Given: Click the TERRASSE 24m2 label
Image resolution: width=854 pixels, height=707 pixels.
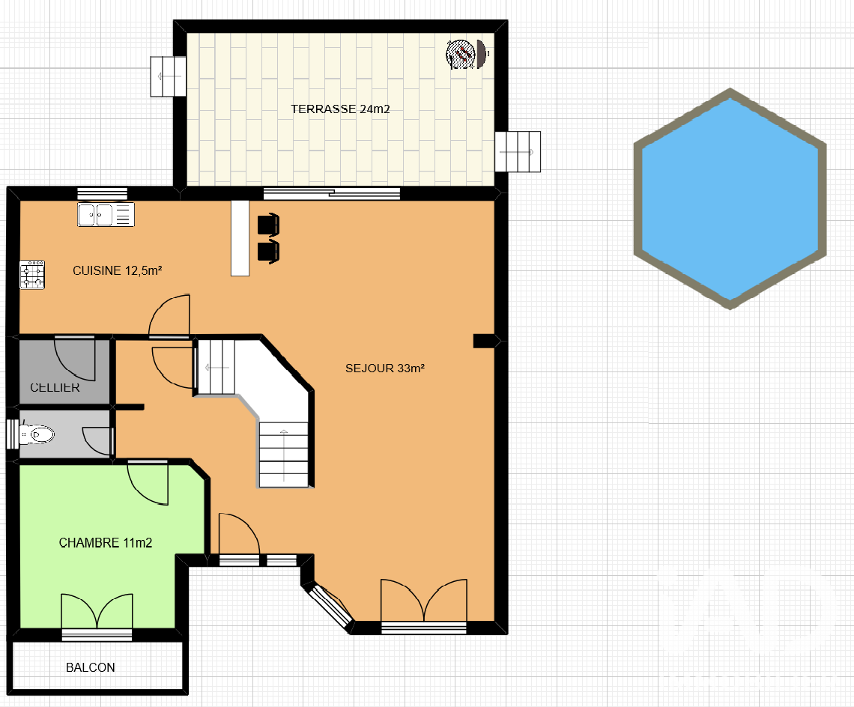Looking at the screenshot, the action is click(340, 109).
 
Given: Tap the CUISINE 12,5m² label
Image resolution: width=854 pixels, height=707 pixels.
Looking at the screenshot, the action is click(118, 270).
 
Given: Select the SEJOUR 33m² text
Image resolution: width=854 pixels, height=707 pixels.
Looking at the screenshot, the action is click(385, 368).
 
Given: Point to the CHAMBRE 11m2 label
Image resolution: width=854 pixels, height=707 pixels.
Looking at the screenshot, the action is click(106, 543).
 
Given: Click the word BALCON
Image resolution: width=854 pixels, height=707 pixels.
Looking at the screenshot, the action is click(91, 668).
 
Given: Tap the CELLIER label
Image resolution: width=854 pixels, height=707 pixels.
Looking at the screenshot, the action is click(55, 388).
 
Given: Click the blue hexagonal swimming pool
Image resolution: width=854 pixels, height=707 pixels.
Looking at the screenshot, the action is click(730, 198).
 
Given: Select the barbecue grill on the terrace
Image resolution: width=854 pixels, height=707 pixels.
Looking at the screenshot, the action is click(466, 54).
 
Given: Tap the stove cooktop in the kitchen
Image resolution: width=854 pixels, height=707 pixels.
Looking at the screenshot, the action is click(32, 275).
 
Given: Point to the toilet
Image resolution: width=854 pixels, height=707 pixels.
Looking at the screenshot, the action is click(37, 434).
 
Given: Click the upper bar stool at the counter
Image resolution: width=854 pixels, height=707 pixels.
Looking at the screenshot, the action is click(268, 225).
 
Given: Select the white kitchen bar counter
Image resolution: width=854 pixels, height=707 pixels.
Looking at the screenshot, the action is click(240, 238).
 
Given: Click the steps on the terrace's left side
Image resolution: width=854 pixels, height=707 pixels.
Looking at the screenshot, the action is click(169, 77).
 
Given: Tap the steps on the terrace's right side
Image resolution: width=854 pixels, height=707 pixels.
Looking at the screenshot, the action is click(518, 152).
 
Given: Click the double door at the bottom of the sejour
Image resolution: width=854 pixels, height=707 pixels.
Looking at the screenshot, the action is click(424, 604).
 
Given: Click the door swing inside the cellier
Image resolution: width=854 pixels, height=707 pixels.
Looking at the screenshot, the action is click(75, 359).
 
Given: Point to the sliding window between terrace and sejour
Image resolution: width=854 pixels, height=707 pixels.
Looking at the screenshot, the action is click(332, 193).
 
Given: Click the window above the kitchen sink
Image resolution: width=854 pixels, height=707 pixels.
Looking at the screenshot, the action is click(103, 193).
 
